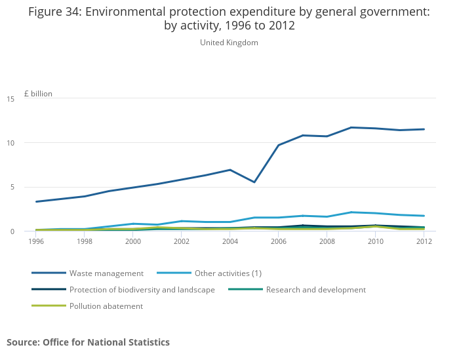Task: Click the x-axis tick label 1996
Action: [36, 241]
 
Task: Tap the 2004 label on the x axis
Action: [230, 241]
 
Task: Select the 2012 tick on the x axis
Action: [424, 241]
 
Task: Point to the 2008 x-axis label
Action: [327, 241]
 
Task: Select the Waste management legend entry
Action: [106, 273]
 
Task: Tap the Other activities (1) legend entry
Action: [228, 273]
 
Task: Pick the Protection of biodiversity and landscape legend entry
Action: [142, 290]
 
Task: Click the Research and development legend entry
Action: [315, 290]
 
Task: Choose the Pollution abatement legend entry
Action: [106, 306]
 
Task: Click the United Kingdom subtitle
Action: [229, 43]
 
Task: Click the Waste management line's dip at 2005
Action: [254, 182]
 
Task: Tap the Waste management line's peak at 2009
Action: [351, 127]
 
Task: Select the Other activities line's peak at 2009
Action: [351, 212]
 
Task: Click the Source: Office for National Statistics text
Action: [88, 342]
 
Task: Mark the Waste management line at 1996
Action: [36, 201]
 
